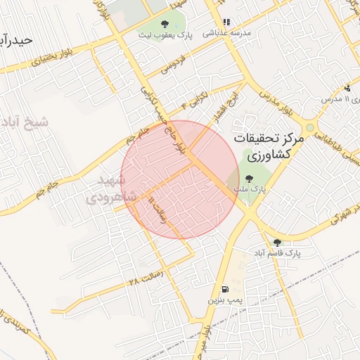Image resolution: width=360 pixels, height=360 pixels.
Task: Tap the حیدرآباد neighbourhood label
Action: pyautogui.click(x=17, y=40)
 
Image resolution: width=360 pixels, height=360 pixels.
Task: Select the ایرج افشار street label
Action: pyautogui.click(x=236, y=106)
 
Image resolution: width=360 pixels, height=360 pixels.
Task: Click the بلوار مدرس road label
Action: pyautogui.click(x=276, y=103)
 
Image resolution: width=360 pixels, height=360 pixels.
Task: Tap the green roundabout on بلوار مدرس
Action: pyautogui.click(x=309, y=127)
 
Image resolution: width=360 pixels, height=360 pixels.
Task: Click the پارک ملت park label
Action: pyautogui.click(x=248, y=188)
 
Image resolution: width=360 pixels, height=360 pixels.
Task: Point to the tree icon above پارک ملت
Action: pyautogui.click(x=249, y=177)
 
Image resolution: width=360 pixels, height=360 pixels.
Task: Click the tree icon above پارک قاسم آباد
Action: pyautogui.click(x=276, y=241)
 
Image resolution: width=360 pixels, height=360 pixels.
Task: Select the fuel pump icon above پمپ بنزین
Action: pyautogui.click(x=224, y=289)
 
